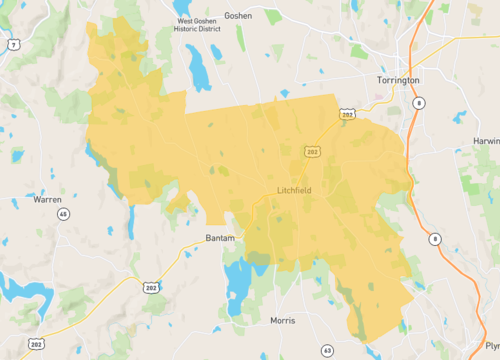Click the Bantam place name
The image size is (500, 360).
(x=219, y=238)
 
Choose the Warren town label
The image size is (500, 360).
(x=47, y=199)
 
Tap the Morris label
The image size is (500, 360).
(x=283, y=321)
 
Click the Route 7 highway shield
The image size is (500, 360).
(x=13, y=45)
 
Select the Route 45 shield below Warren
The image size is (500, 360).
(x=63, y=214)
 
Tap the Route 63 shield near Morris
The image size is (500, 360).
(x=327, y=350)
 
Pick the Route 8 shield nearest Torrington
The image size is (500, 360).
(x=419, y=102)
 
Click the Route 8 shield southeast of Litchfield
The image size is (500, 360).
(x=435, y=238)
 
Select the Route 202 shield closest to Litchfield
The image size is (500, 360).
(x=312, y=151)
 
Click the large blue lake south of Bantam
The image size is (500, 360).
(x=239, y=283)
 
